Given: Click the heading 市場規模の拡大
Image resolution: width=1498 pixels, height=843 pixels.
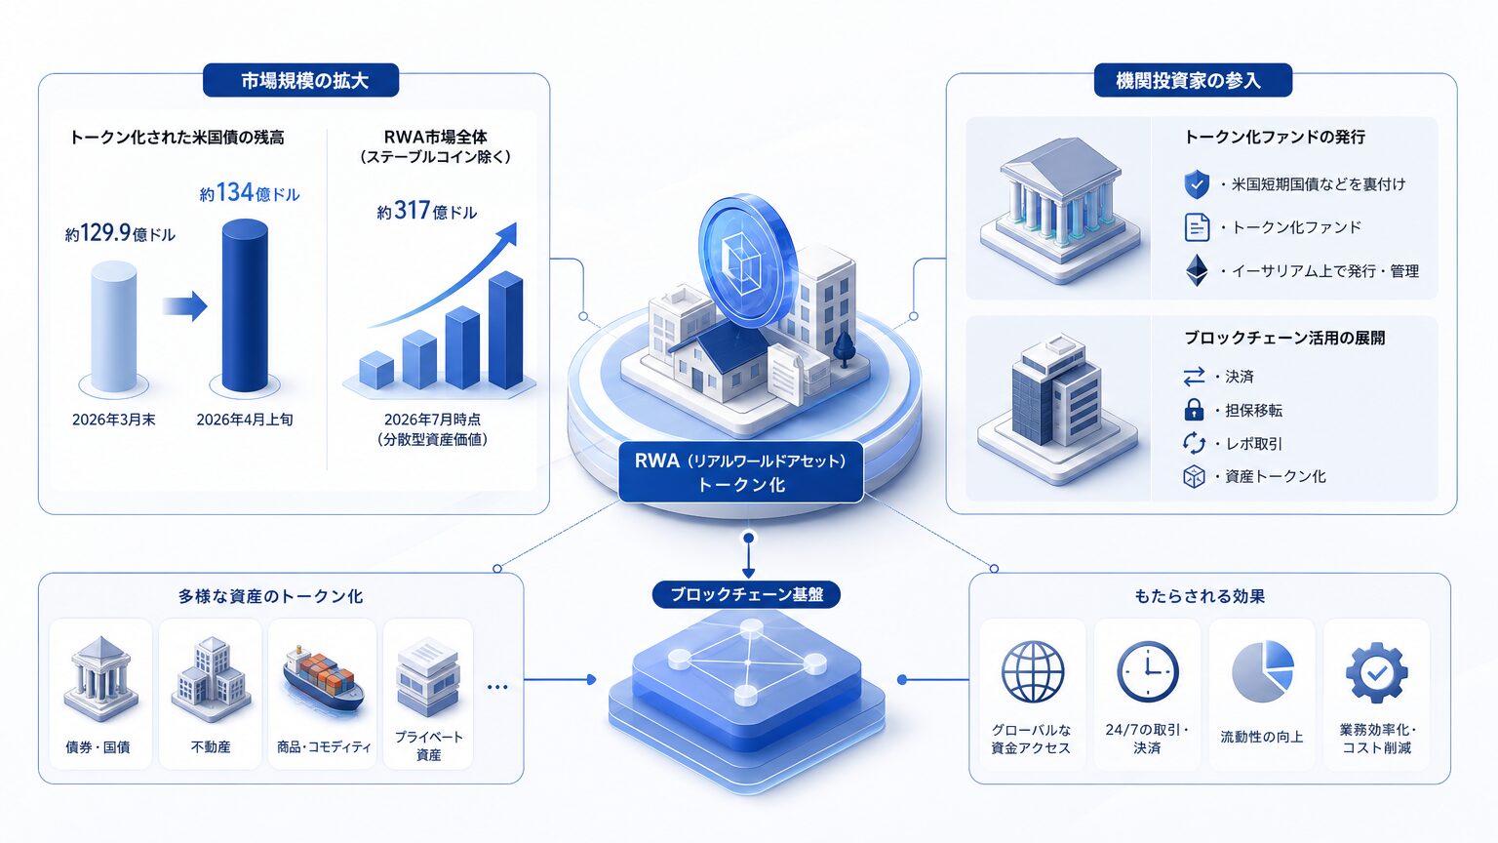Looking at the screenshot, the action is coord(304,81).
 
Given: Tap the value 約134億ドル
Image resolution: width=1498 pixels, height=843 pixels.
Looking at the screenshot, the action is coord(250,193).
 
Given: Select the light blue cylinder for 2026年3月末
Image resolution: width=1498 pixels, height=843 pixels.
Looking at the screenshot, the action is coord(114,327).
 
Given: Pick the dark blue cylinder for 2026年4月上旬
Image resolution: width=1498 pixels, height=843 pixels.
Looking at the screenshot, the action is coord(245,305).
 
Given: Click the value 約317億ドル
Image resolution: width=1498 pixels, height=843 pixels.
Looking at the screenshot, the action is coord(426,212).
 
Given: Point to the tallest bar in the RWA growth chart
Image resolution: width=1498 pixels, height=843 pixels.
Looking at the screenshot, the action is coord(505,330).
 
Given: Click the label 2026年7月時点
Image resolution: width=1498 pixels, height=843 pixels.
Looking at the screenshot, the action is coord(432,420).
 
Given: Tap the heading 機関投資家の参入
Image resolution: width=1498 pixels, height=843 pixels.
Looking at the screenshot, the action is coord(1188,81).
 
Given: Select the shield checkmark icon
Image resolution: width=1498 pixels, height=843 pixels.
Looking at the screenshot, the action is coord(1197,184).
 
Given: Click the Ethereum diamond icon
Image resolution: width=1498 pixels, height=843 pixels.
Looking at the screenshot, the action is coord(1197,270).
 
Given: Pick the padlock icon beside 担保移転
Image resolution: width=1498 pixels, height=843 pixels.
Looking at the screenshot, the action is coord(1194,410).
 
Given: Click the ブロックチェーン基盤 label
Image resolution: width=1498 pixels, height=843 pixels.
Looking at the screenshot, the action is coord(746,594).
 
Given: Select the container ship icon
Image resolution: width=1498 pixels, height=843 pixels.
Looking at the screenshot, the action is coord(323,677).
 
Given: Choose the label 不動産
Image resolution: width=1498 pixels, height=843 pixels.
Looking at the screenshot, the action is coord(211,746).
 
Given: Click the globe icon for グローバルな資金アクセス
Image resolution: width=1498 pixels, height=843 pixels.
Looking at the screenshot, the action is coord(1032,671).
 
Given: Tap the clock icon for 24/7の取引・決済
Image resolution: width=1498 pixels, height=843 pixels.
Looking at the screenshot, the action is coord(1147,671).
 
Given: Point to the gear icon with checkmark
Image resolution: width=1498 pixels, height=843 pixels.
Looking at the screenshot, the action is coord(1376,672).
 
